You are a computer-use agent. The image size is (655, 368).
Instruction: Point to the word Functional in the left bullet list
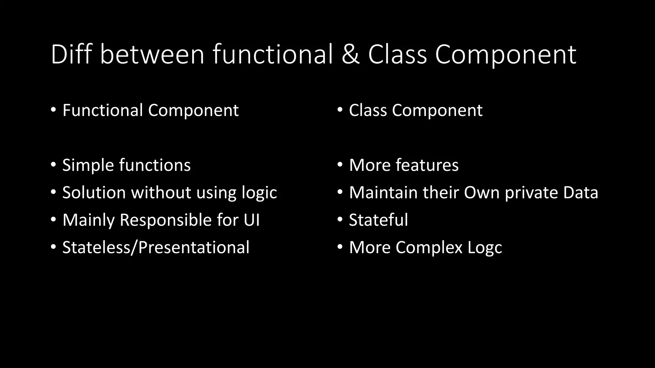tap(102, 110)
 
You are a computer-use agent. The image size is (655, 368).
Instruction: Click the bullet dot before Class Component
tap(340, 110)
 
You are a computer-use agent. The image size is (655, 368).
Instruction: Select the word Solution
tap(94, 193)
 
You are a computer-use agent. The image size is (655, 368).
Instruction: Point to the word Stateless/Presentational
tap(156, 248)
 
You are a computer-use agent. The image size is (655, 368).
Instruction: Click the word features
tap(427, 165)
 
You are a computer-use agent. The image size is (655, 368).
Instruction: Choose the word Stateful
tap(378, 220)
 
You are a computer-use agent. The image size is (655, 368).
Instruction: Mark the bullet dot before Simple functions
tap(53, 165)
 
